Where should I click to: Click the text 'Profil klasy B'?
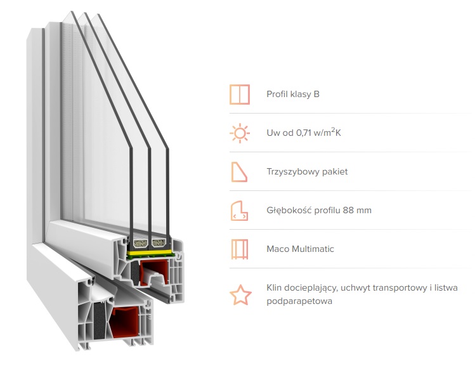coord(293,95)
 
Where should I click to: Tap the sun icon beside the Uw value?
coord(240,133)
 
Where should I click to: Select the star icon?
coord(240,294)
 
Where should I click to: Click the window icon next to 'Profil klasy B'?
coord(240,95)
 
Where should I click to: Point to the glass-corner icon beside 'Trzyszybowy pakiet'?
coord(239,172)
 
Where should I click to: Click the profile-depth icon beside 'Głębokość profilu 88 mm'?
coord(239,211)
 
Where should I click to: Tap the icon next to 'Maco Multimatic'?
coord(240,249)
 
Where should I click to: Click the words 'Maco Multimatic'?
coord(300,249)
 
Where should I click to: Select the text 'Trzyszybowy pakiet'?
coord(307,171)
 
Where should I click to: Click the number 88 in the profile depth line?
coord(348,210)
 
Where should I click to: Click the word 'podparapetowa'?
coord(299,301)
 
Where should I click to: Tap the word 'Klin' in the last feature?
coord(274,287)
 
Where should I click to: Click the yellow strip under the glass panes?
coord(149,253)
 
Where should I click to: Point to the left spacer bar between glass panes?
coord(140,243)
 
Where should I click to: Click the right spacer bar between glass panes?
coord(159,243)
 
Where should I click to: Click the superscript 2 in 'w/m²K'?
coord(333,129)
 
